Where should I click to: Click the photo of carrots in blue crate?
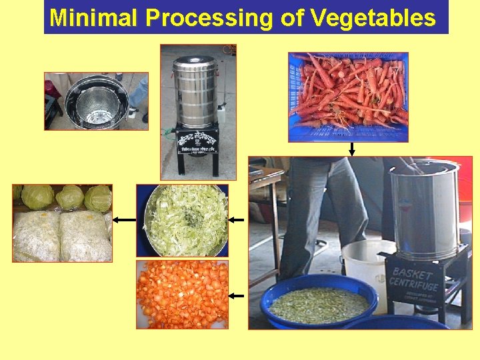coord(348,97)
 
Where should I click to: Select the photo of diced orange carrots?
coord(182,294)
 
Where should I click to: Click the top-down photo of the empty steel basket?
coord(96,101)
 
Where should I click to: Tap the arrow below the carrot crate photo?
coord(351,149)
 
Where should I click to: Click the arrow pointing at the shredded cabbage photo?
coord(237,219)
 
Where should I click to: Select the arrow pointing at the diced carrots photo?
coord(237,295)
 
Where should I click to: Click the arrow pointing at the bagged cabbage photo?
coord(123,219)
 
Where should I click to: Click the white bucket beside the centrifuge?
coord(363,267)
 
